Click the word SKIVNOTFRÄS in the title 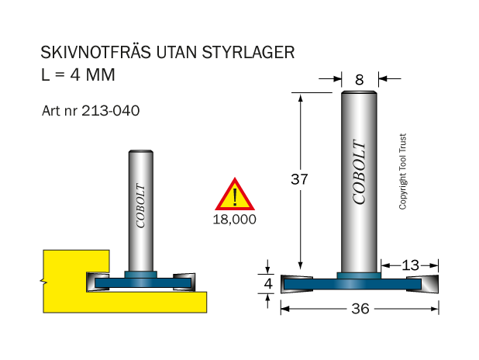click(95, 52)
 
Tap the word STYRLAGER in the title click(248, 52)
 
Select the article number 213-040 click(111, 110)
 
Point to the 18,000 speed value click(234, 220)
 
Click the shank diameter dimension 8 click(360, 80)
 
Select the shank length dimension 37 click(299, 179)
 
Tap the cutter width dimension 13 click(410, 265)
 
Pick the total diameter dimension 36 click(360, 309)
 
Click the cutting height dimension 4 click(268, 283)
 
